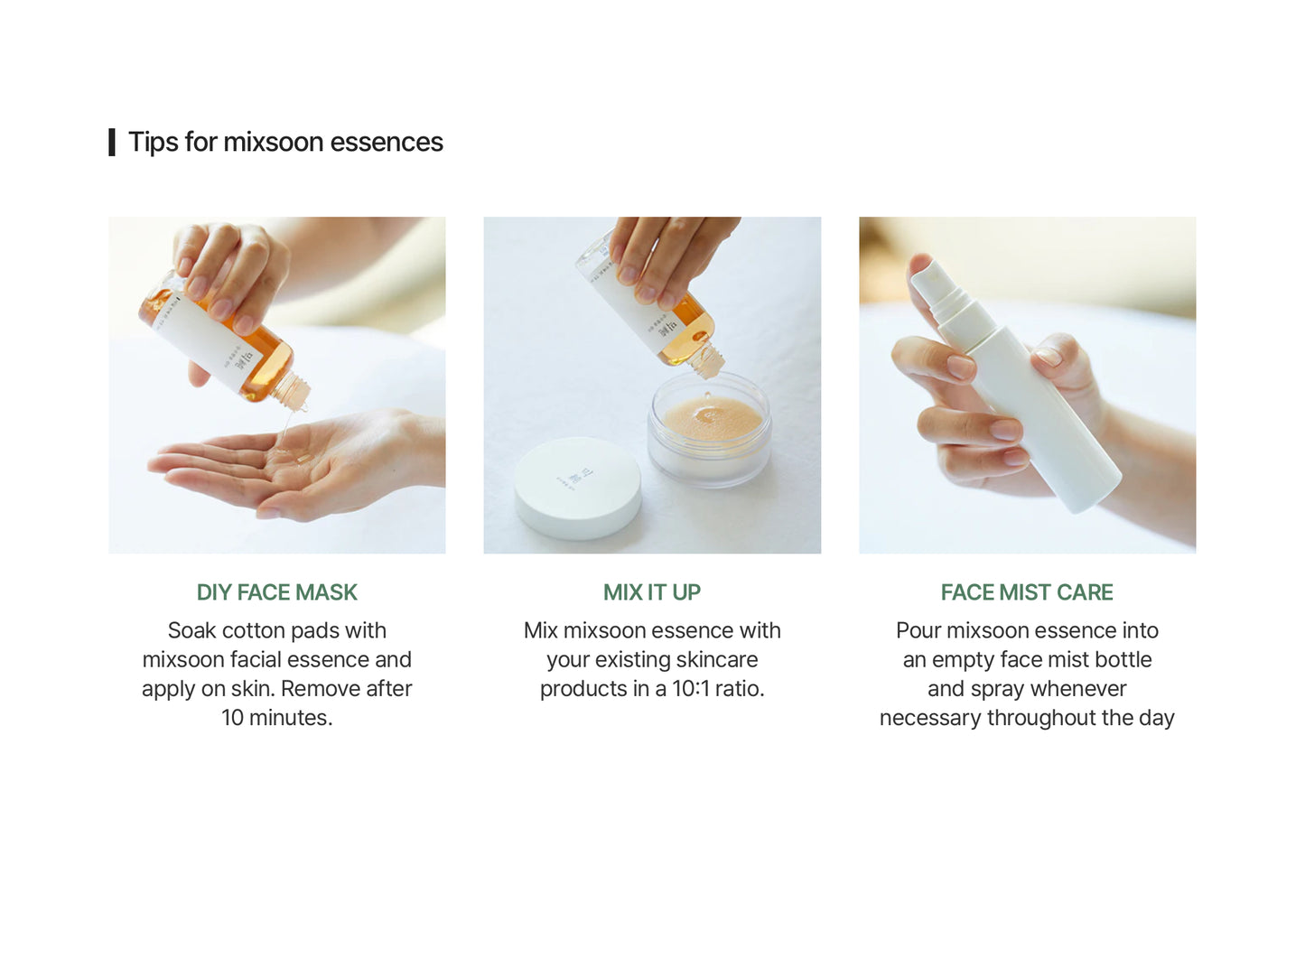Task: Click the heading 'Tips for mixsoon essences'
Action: tap(285, 143)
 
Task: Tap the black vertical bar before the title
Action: tap(112, 143)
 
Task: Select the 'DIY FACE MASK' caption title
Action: tap(276, 592)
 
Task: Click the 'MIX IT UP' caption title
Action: tap(652, 592)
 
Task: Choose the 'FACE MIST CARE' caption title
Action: tap(1027, 592)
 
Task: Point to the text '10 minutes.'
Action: tap(276, 718)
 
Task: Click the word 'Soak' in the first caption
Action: tap(191, 630)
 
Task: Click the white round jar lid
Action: tap(577, 488)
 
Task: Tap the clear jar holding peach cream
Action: tap(709, 428)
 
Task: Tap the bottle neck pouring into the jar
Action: tap(706, 360)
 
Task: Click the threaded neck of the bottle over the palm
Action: tap(290, 391)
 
